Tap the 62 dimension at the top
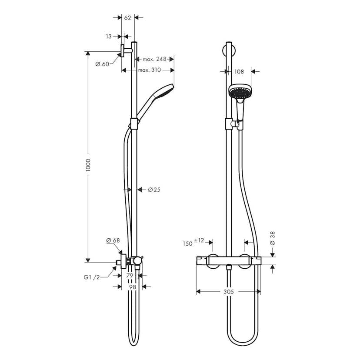coord(127,18)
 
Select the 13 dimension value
coord(109,37)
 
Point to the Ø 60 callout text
coord(102,64)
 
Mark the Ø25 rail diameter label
coord(154,190)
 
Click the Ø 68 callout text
coord(113,240)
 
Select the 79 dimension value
coord(129,276)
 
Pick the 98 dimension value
coord(132,287)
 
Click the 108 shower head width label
coord(239,72)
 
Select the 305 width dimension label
coord(228,292)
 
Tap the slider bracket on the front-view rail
coord(228,125)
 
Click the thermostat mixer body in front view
coord(228,261)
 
